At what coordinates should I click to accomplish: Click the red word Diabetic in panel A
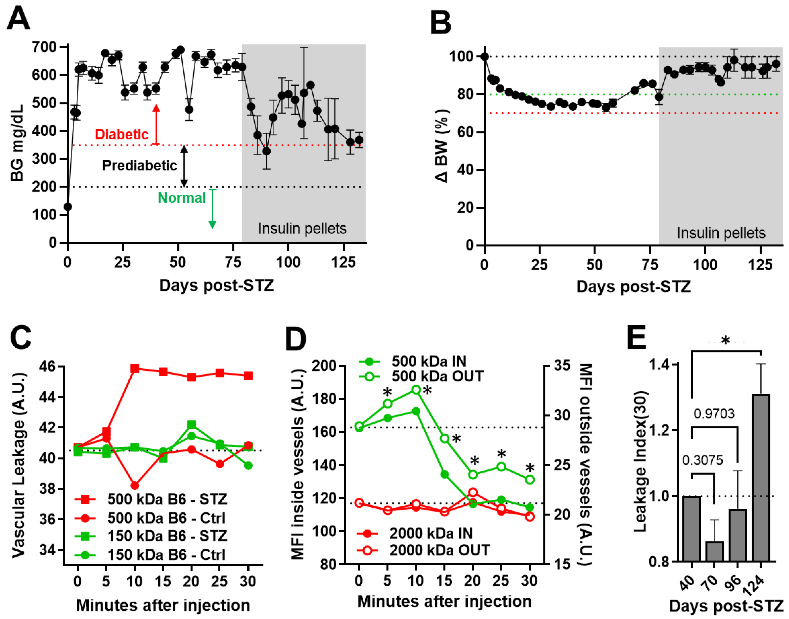pos(122,134)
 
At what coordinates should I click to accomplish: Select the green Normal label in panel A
pos(182,198)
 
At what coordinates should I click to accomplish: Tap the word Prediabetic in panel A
pos(139,165)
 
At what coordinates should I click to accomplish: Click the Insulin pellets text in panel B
pos(721,233)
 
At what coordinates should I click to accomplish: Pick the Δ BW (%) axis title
pos(441,145)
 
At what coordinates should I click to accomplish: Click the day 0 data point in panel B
pos(484,57)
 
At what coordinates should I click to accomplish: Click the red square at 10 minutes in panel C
pos(135,369)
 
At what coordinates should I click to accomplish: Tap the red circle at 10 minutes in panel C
pos(135,485)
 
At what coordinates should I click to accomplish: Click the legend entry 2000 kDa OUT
pos(439,550)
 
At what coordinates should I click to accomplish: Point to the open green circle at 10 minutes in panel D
pos(416,390)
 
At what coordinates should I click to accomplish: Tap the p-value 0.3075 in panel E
pos(702,460)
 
